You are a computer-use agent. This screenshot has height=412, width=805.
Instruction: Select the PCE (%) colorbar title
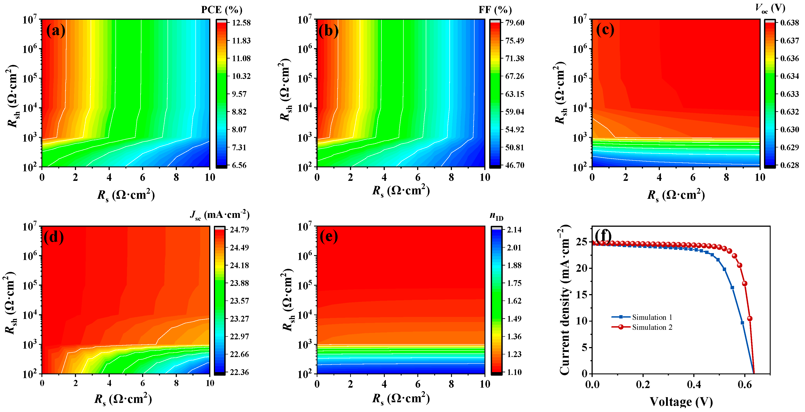(x=222, y=10)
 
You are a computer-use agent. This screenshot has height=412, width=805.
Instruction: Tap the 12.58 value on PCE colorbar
(x=241, y=23)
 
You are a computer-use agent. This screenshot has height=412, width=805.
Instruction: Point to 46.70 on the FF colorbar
(x=515, y=165)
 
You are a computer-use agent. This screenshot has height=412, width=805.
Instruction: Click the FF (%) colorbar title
(x=495, y=10)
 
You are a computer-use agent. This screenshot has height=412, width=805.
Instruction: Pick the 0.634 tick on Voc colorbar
(x=789, y=76)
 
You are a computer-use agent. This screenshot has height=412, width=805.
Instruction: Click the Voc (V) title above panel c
(x=770, y=9)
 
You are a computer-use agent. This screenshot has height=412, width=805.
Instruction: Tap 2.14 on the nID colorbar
(x=514, y=230)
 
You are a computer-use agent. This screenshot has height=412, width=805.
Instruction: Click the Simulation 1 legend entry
(x=652, y=317)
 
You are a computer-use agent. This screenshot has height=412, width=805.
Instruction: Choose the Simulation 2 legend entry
(x=652, y=327)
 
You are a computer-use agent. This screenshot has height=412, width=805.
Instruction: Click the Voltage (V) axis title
(x=681, y=402)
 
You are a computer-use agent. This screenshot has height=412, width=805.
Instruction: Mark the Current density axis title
(x=565, y=300)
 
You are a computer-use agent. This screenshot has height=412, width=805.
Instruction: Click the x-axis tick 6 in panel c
(x=693, y=178)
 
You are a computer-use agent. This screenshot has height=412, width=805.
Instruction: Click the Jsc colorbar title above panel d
(x=219, y=215)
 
